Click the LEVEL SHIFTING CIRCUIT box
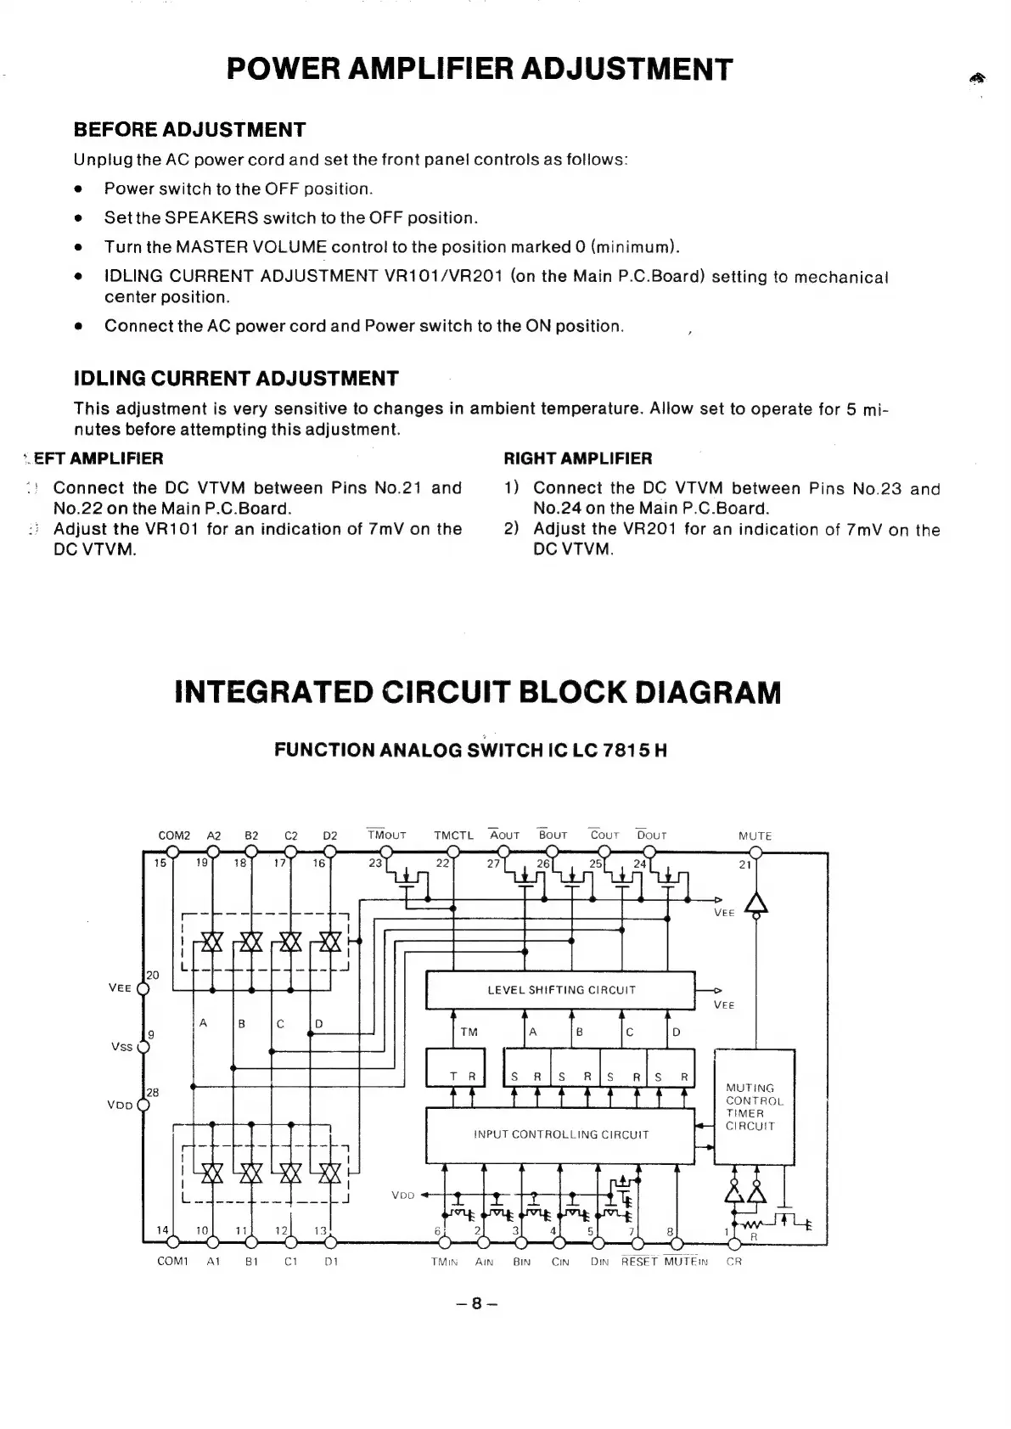click(x=560, y=990)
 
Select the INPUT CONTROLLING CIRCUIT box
click(x=560, y=1134)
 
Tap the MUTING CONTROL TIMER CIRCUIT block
click(x=755, y=1106)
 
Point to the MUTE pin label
click(x=755, y=835)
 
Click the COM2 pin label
click(x=175, y=835)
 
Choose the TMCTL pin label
click(x=453, y=835)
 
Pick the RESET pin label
click(x=639, y=1262)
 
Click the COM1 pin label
click(x=172, y=1262)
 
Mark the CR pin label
click(x=734, y=1262)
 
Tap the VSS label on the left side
click(x=121, y=1047)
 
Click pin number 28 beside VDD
click(x=153, y=1092)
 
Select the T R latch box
click(x=454, y=1068)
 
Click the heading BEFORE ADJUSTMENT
click(x=189, y=130)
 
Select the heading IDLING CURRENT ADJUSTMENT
click(x=236, y=378)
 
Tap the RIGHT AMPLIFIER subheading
click(x=578, y=459)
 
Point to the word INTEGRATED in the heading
click(x=273, y=692)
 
